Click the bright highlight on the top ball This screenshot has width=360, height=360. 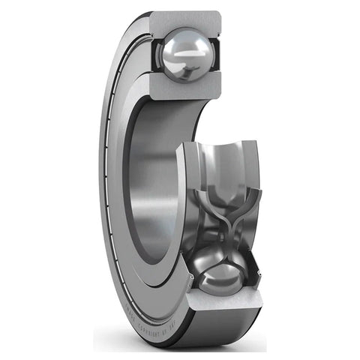tap(181, 43)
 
